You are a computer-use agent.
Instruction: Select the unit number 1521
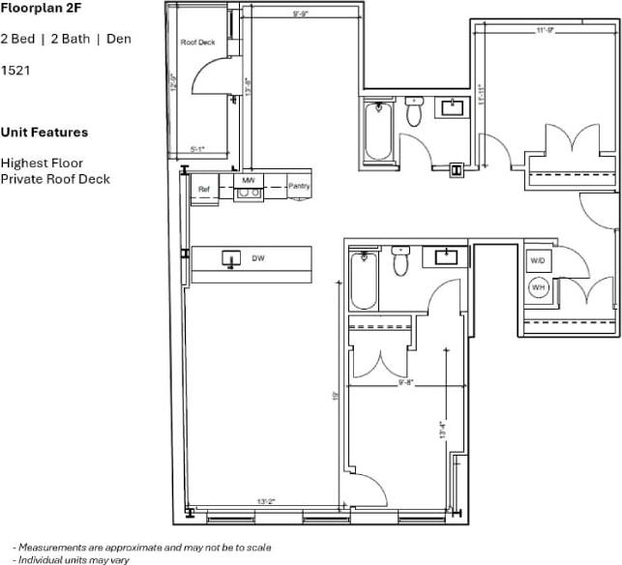[15, 71]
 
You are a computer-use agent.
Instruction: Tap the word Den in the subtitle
[118, 39]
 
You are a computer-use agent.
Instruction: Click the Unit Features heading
[44, 132]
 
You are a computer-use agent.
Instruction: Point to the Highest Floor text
[42, 163]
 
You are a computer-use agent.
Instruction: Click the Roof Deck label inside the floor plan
[197, 43]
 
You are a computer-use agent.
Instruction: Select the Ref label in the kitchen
[204, 189]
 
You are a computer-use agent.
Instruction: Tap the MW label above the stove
[249, 181]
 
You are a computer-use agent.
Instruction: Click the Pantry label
[299, 186]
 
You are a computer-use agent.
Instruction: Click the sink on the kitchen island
[231, 258]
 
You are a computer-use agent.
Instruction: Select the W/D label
[538, 260]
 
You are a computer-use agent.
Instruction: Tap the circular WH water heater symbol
[538, 287]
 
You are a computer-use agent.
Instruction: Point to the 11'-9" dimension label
[546, 30]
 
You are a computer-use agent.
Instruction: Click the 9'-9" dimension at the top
[301, 14]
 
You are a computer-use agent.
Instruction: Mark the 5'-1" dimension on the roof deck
[198, 149]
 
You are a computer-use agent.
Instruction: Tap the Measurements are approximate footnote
[141, 547]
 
